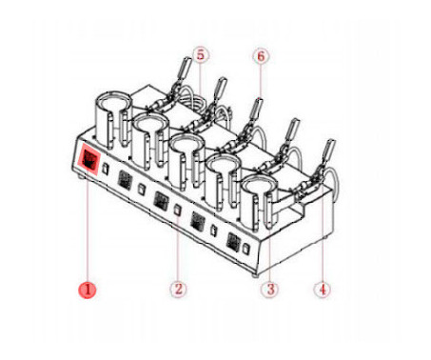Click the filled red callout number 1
tap(88, 290)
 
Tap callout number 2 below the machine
tap(178, 290)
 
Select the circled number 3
tap(270, 290)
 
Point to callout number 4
tap(323, 290)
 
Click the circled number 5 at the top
tap(201, 55)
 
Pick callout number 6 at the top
tap(261, 56)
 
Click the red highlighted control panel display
tap(88, 159)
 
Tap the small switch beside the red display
tap(107, 169)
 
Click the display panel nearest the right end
tap(233, 242)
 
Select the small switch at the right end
tap(245, 249)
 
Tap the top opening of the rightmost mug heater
tap(260, 183)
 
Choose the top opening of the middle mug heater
tap(186, 142)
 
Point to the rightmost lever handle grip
tap(328, 150)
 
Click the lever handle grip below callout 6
tap(256, 109)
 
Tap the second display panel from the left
tap(125, 180)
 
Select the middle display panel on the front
tap(161, 201)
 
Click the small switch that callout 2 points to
tap(178, 210)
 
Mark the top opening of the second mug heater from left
tap(150, 122)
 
